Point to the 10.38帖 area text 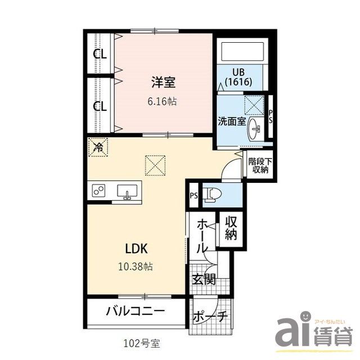[136, 266]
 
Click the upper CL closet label [100, 55]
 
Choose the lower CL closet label [100, 106]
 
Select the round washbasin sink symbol [256, 129]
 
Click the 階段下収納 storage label [259, 165]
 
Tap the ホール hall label [202, 236]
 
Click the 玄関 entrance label [203, 279]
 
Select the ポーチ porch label [210, 317]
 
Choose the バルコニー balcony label [135, 310]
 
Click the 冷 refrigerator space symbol [98, 148]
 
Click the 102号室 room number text [144, 342]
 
